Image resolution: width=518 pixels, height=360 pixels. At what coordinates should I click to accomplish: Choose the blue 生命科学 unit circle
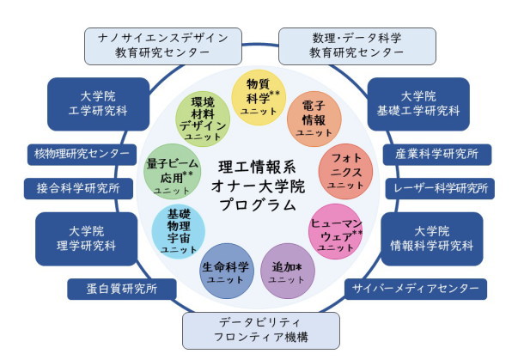coord(227,272)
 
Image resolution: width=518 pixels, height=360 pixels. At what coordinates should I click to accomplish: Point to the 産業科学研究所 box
coord(437,155)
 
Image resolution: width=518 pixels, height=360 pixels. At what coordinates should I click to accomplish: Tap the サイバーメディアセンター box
coord(405,289)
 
